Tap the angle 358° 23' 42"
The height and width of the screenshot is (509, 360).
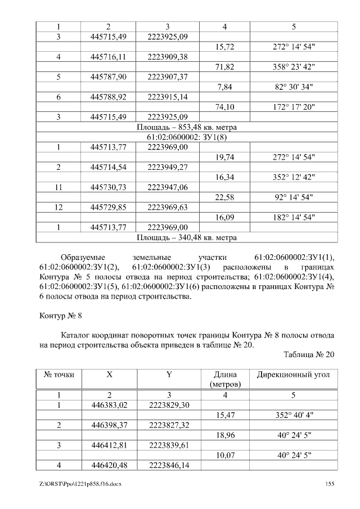click(x=293, y=67)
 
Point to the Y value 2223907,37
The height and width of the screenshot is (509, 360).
click(x=167, y=76)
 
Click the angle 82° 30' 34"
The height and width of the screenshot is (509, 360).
click(x=293, y=87)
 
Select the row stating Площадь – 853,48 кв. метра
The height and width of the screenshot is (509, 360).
click(x=187, y=127)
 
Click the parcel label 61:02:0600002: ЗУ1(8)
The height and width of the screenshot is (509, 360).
click(x=187, y=137)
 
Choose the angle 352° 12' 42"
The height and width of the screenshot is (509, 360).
click(x=293, y=177)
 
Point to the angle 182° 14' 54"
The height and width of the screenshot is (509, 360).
click(x=293, y=217)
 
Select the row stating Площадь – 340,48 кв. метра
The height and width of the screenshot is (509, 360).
click(x=187, y=237)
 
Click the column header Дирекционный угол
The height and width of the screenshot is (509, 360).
click(x=293, y=375)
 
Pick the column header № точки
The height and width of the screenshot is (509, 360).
click(x=58, y=375)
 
